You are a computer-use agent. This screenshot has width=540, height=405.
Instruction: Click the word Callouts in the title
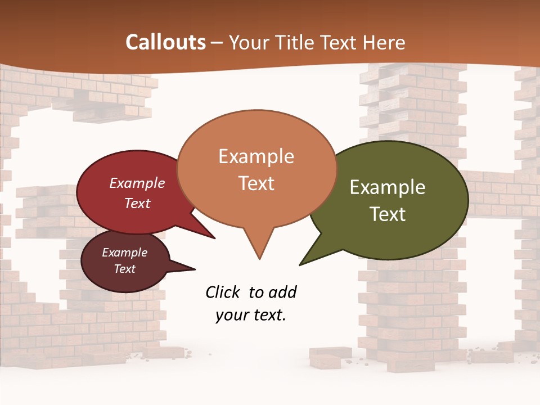click(165, 42)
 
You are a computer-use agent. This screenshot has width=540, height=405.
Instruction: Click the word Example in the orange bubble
click(256, 156)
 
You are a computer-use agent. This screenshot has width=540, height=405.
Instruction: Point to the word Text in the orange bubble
click(256, 183)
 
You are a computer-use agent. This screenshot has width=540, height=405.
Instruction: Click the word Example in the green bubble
click(388, 187)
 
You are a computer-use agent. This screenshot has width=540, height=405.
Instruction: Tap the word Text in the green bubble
click(388, 214)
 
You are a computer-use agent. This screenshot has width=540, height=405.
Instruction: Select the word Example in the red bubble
click(137, 183)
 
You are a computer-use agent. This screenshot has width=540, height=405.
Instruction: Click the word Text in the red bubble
click(137, 203)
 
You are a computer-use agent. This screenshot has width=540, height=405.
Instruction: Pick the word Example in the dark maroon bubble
click(124, 253)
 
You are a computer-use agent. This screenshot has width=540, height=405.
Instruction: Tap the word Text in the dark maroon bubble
click(124, 269)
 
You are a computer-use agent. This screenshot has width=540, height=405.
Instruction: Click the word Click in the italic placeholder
click(224, 292)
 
